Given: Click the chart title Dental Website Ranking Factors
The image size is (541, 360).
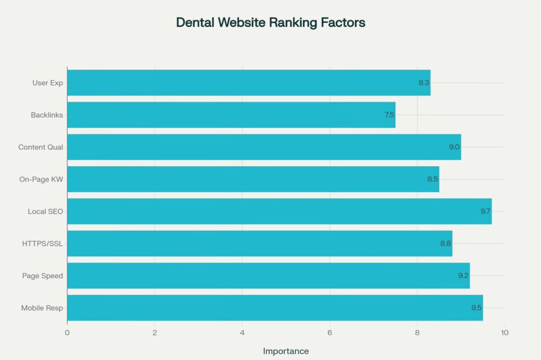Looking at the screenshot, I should tap(270, 23).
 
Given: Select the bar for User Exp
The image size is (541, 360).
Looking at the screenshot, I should tap(248, 83).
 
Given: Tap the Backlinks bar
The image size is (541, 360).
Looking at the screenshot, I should tap(231, 115).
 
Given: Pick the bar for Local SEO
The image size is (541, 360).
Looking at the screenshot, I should tap(279, 211).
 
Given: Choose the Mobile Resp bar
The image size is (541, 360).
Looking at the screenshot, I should tap(275, 308).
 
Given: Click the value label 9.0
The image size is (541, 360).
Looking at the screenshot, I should tap(454, 147).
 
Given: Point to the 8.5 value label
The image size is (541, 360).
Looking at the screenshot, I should tap(433, 179).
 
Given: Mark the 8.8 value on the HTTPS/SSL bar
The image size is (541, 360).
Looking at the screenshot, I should tap(446, 243).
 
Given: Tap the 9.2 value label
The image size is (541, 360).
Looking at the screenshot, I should tap(463, 276).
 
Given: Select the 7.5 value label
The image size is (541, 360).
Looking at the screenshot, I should tap(389, 115).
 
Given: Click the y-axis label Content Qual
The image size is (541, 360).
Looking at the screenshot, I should tap(41, 147).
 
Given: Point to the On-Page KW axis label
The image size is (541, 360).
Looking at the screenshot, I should tap(41, 179).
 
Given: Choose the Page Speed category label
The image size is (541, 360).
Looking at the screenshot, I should tap(42, 276).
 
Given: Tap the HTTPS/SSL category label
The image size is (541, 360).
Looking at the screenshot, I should tap(43, 243).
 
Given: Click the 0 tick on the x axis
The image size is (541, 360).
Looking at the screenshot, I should tap(67, 333).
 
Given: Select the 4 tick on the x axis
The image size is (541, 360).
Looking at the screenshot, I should tap(242, 333).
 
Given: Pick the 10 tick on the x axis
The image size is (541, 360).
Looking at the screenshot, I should tap(505, 333).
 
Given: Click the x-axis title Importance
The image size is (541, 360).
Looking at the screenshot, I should tap(286, 351).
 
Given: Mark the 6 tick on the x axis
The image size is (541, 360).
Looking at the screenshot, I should tap(330, 333).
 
